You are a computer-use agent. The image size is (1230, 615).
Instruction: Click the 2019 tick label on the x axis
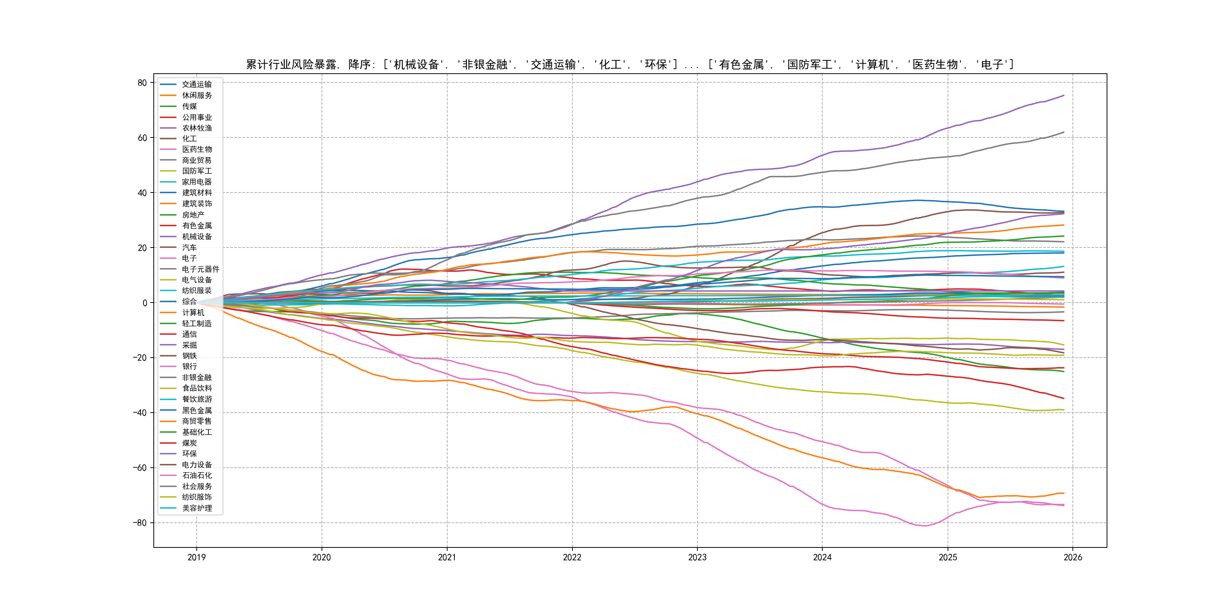[196, 557]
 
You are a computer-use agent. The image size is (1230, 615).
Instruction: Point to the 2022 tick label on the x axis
[572, 557]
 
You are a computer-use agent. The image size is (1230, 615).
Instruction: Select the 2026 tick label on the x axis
[1073, 557]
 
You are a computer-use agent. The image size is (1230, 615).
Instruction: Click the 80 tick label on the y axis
[142, 83]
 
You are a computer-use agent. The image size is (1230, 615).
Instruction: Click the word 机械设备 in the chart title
[416, 65]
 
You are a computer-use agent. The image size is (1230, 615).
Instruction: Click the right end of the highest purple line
[1064, 96]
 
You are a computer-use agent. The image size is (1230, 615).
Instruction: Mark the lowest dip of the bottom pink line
[925, 526]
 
